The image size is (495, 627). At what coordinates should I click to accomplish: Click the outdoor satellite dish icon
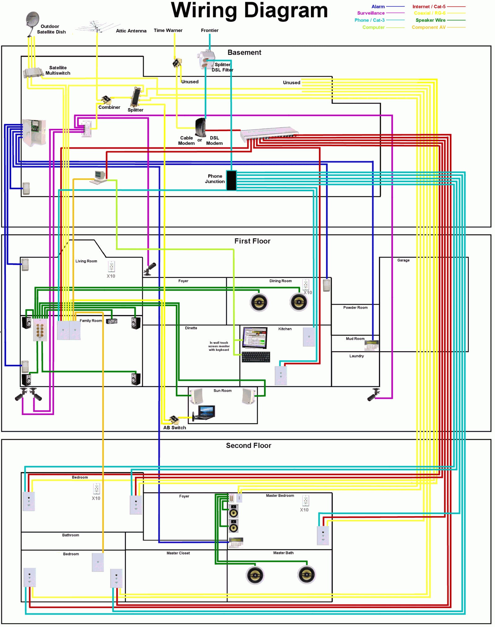click(32, 24)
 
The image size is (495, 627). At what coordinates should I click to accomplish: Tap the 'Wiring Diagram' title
click(249, 11)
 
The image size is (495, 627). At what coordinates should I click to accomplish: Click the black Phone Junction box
click(231, 180)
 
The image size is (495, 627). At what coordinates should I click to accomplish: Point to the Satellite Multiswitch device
click(33, 72)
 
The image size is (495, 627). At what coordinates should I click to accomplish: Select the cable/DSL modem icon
click(200, 127)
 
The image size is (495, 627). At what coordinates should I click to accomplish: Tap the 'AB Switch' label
click(174, 428)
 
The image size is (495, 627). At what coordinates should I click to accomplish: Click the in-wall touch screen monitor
click(255, 338)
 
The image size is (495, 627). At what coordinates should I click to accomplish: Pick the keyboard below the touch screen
click(256, 357)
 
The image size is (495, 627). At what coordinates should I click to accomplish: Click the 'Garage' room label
click(403, 260)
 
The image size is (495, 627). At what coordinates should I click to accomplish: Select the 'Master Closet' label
click(178, 553)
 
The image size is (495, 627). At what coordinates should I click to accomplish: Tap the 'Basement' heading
click(244, 52)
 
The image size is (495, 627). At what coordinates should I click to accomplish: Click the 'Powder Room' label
click(355, 308)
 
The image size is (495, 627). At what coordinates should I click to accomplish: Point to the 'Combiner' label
click(109, 107)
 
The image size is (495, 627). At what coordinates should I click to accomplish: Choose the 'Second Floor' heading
click(248, 445)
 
